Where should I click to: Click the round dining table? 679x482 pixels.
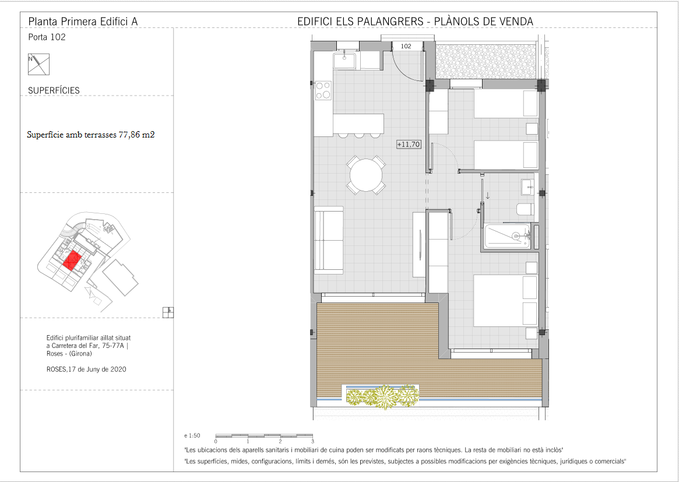[366, 175]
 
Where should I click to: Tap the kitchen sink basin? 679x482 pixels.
[344, 61]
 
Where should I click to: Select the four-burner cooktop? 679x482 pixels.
[323, 90]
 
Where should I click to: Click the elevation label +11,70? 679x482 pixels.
[409, 144]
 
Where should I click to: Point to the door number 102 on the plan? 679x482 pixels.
[406, 47]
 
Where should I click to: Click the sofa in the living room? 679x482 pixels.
[329, 240]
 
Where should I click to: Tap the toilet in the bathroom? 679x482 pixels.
[525, 210]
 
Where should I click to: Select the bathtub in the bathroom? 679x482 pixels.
[507, 236]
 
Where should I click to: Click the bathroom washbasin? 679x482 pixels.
[528, 187]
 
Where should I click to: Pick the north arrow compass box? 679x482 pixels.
[38, 65]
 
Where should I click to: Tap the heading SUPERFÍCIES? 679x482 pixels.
[54, 90]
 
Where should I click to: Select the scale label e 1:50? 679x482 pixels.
[192, 435]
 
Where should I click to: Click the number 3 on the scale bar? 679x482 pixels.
[312, 441]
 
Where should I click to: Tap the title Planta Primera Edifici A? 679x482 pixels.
[83, 21]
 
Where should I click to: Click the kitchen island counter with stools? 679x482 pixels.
[358, 125]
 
